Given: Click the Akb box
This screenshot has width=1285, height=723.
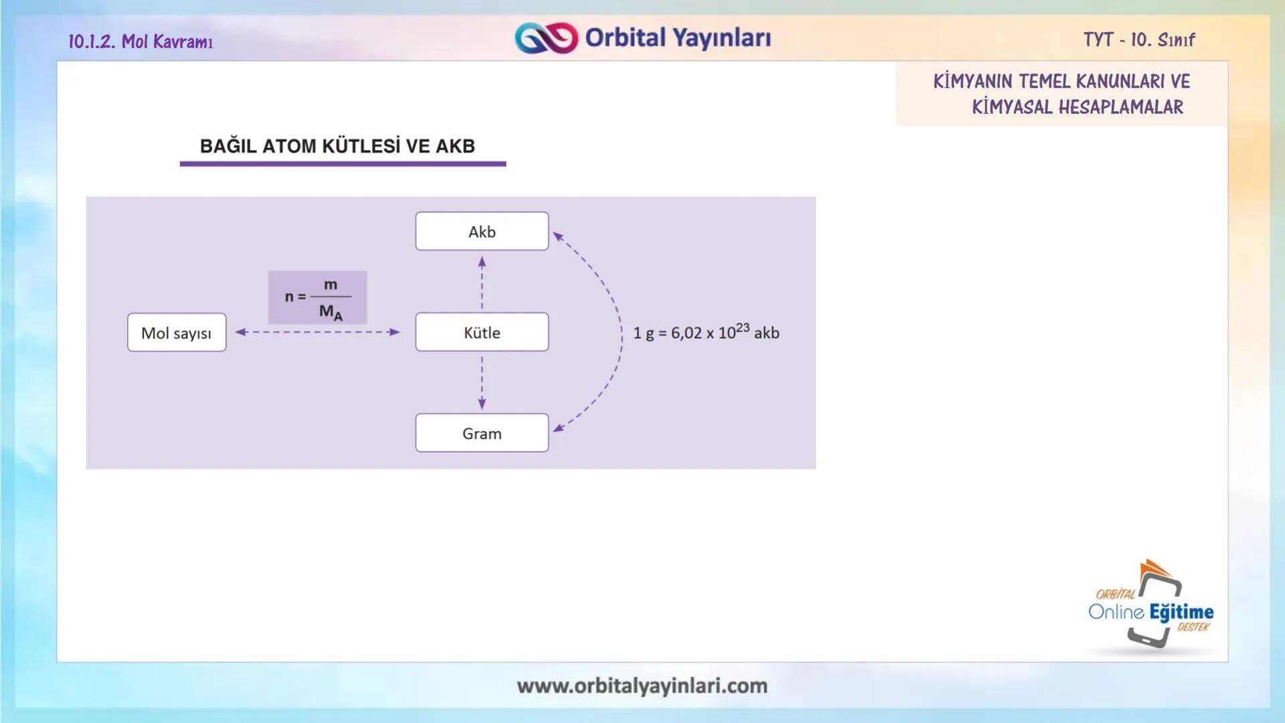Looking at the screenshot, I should (x=482, y=232).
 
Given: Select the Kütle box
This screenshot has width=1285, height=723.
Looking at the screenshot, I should (x=482, y=332).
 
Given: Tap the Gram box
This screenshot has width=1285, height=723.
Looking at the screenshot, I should (x=482, y=433).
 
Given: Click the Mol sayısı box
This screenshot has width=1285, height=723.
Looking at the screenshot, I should (x=177, y=333).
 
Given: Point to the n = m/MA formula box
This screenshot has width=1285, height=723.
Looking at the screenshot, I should (x=317, y=297).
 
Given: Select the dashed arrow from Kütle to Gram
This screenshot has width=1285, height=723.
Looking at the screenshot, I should (x=482, y=382).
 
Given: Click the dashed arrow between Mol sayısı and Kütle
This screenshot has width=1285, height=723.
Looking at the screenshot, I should (x=318, y=332).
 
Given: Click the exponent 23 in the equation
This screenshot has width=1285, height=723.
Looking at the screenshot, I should (x=742, y=327).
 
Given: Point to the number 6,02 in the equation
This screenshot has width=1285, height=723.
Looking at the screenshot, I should (x=686, y=333).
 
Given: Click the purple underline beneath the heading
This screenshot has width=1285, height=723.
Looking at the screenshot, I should (x=343, y=163).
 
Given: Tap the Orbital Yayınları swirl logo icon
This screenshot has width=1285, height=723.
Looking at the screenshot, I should (x=546, y=38).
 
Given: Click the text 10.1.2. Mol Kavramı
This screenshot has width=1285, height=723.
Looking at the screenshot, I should (x=141, y=42).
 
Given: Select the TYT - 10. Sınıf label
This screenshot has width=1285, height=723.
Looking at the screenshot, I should (x=1139, y=40).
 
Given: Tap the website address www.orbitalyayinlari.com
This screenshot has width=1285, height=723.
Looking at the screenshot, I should (x=642, y=686).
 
